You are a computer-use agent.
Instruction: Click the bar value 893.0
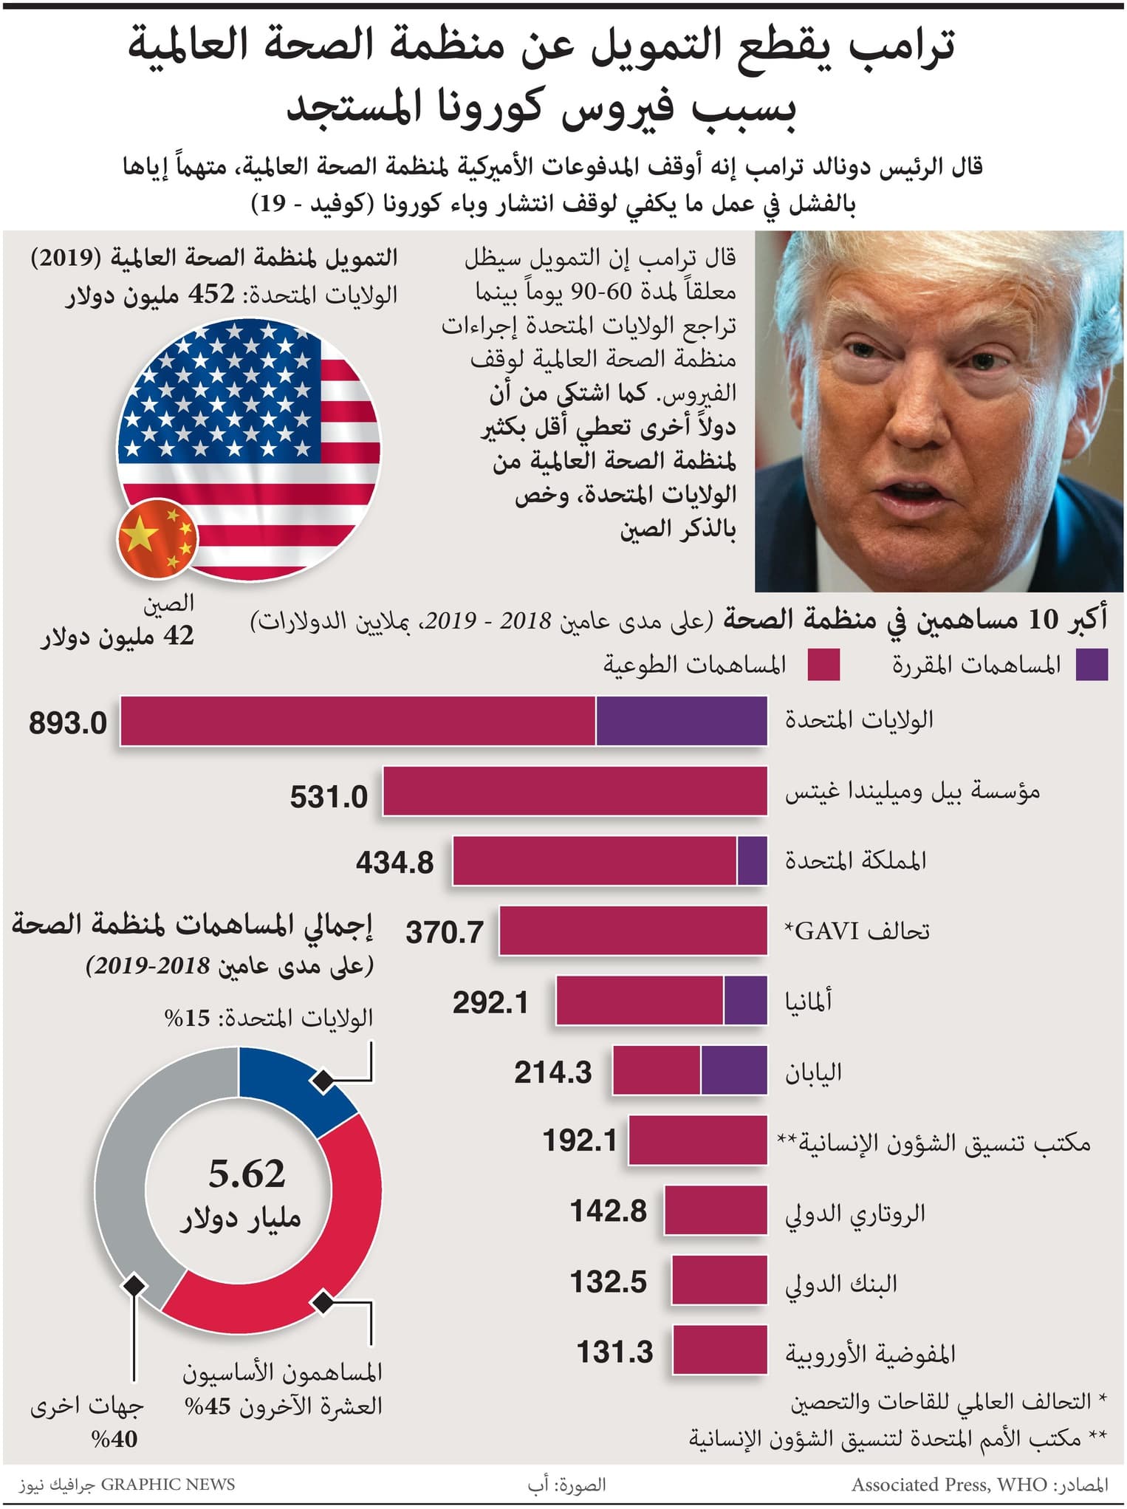(68, 723)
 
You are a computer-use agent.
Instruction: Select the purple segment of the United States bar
(681, 720)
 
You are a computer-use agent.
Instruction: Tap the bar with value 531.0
(575, 791)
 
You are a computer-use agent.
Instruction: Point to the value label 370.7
(445, 932)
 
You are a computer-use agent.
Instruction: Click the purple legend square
(1092, 665)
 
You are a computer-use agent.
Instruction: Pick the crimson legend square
(823, 665)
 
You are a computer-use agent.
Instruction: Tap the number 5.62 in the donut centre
(247, 1174)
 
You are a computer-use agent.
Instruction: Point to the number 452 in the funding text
(212, 294)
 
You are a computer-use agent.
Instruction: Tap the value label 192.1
(580, 1141)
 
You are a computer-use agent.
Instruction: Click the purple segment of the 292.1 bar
(745, 1001)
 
